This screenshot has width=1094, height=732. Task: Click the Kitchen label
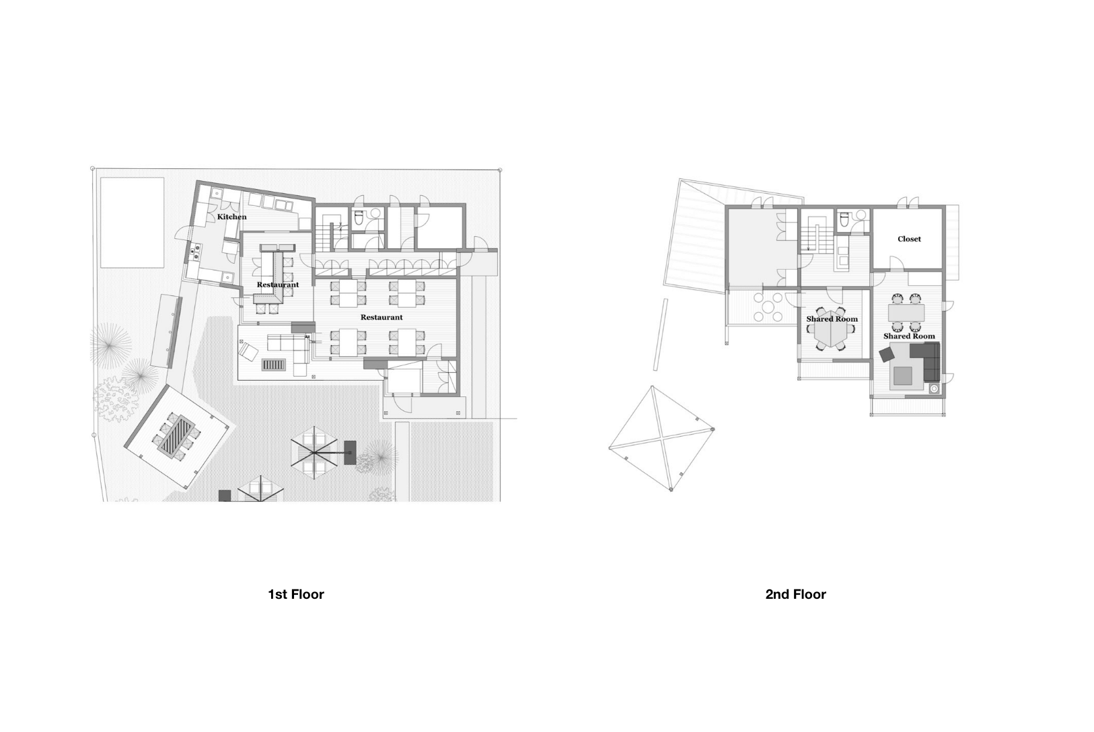coord(231,217)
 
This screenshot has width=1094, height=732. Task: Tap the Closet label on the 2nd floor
coord(909,240)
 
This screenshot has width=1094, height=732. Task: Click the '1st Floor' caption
coord(296,594)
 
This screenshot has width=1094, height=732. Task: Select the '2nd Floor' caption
coord(795,594)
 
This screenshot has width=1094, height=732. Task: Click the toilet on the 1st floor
coord(359,218)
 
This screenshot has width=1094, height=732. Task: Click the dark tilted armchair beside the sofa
coord(886,355)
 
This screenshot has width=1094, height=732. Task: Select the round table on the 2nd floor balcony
coord(768,307)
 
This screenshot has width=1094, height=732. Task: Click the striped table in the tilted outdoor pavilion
coord(176,435)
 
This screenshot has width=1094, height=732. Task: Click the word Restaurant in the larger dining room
coord(381,318)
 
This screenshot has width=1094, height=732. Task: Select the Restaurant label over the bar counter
coord(277,285)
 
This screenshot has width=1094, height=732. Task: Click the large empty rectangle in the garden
coord(132,222)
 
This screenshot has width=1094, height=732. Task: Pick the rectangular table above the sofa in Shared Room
coord(906,312)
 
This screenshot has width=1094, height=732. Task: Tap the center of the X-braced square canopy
coord(661,438)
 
